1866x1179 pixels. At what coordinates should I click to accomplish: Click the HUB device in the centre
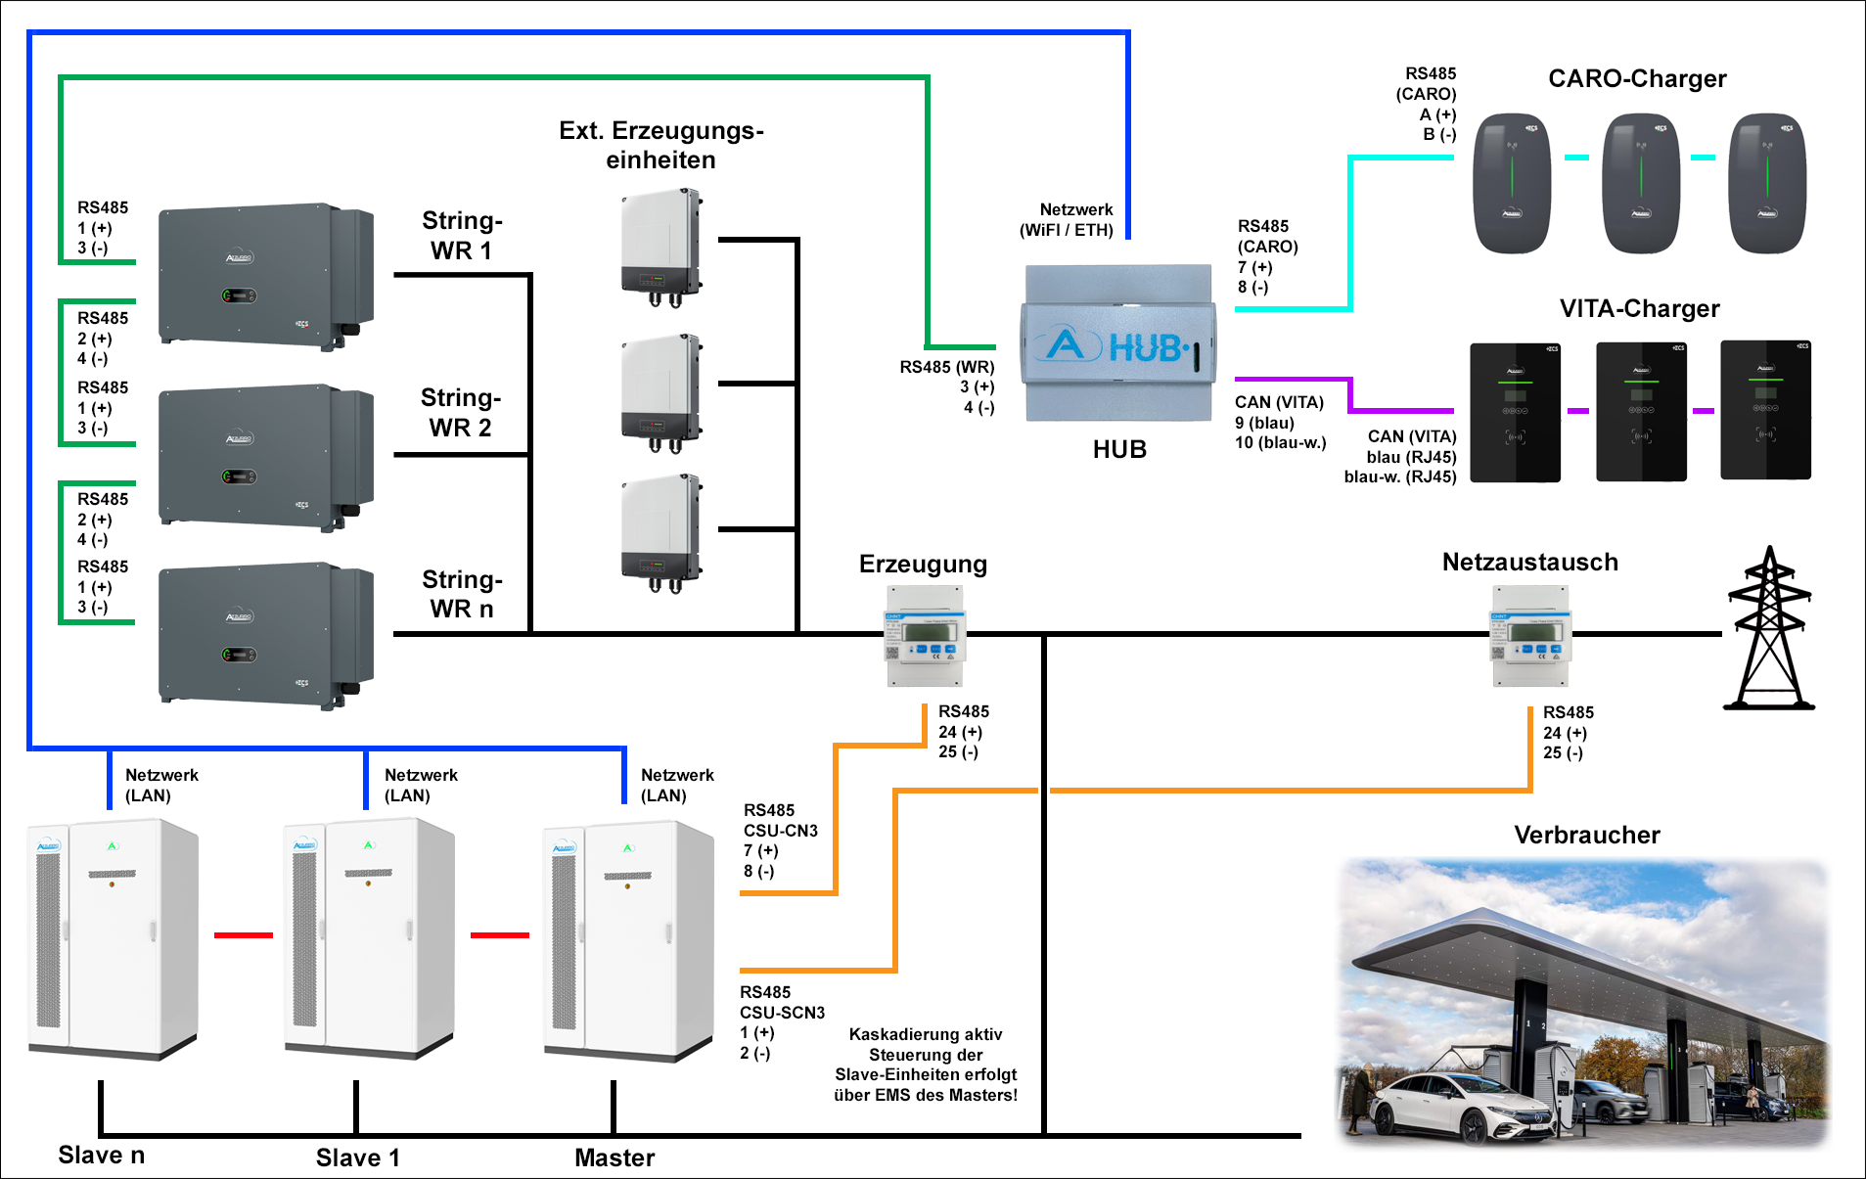coord(1118,343)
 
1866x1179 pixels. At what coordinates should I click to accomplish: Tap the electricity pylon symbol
coord(1769,629)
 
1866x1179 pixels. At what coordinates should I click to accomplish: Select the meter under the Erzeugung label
coord(925,636)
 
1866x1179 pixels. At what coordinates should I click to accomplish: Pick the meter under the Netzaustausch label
coord(1530,636)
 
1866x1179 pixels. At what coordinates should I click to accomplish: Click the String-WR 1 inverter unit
coord(265,276)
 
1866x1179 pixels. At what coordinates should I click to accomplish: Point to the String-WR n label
coord(462,594)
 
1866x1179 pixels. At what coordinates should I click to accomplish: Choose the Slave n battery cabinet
coord(113,939)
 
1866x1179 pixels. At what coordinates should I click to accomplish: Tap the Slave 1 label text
coord(357,1157)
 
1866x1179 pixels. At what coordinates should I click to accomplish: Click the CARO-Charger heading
coord(1637,78)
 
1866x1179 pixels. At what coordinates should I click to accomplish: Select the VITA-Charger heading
coord(1639,308)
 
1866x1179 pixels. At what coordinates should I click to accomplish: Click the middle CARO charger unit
coord(1641,183)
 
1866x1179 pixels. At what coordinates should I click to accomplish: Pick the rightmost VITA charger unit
coord(1765,411)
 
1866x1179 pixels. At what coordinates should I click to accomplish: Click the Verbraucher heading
coord(1586,835)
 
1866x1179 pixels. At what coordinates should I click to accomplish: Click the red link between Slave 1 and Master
coord(499,935)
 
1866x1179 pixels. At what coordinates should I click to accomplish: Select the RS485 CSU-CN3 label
coord(780,840)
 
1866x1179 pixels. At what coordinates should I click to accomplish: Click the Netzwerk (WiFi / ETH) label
coord(1067,220)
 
